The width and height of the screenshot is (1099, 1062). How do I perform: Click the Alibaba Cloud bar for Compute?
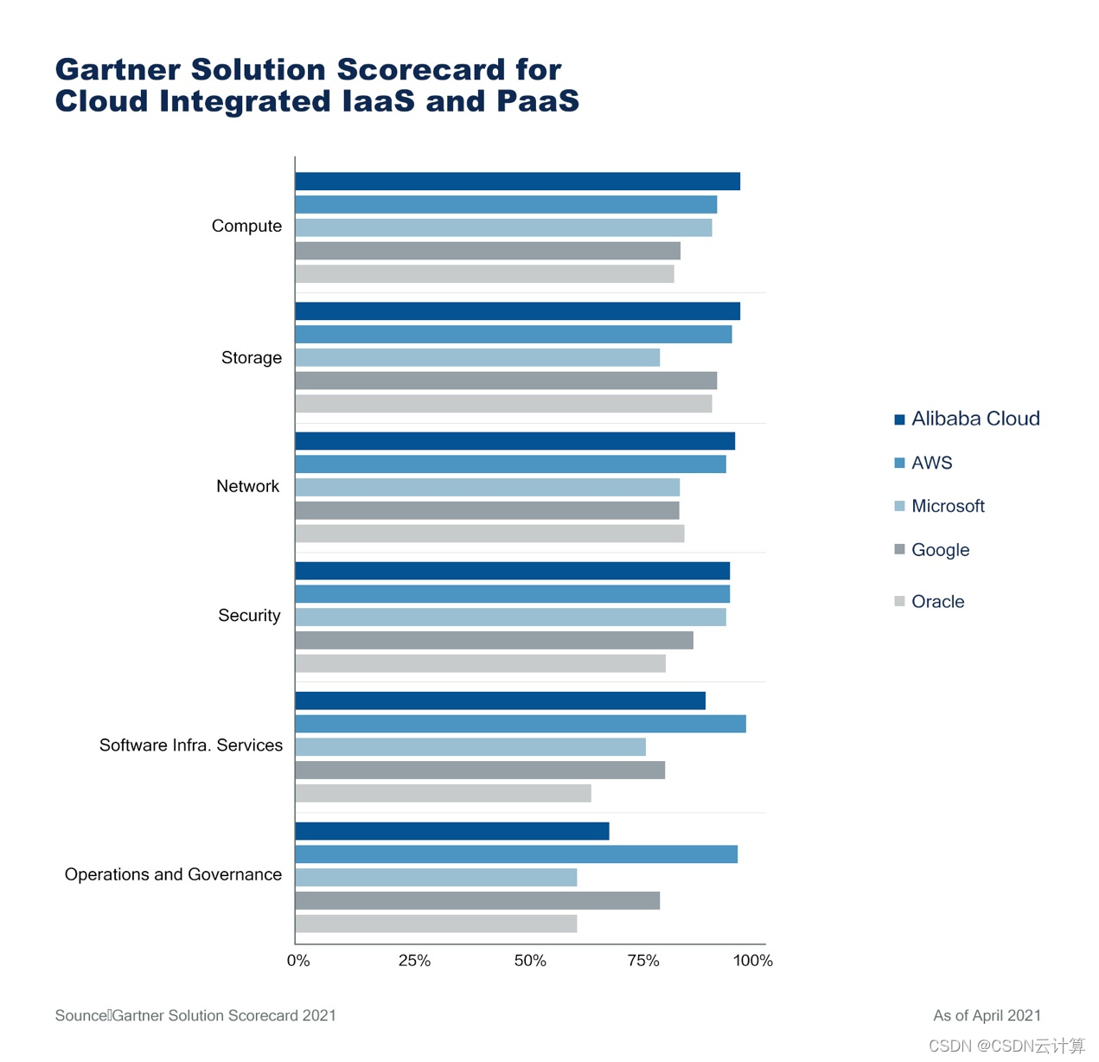click(517, 182)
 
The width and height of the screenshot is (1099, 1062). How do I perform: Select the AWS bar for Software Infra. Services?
click(520, 724)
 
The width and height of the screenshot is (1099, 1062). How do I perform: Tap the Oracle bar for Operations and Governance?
click(436, 924)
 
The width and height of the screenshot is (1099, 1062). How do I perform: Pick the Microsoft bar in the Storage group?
click(477, 357)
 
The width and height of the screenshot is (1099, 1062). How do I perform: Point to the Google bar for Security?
click(494, 640)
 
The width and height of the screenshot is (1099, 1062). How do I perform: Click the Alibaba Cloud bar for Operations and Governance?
click(452, 831)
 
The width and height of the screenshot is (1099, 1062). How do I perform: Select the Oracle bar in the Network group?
click(489, 534)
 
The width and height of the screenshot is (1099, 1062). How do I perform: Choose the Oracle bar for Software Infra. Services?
click(443, 793)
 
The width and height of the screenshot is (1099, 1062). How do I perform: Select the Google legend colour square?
click(899, 549)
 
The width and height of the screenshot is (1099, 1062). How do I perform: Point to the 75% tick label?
click(643, 961)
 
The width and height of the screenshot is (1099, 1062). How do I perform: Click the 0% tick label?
click(298, 961)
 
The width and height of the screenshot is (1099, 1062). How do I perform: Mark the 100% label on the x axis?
click(752, 961)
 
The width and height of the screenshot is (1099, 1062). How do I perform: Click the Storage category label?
click(251, 357)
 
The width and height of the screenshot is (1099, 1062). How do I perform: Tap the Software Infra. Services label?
click(190, 745)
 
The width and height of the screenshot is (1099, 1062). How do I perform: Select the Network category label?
click(247, 486)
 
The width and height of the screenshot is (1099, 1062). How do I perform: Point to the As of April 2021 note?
click(987, 1015)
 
